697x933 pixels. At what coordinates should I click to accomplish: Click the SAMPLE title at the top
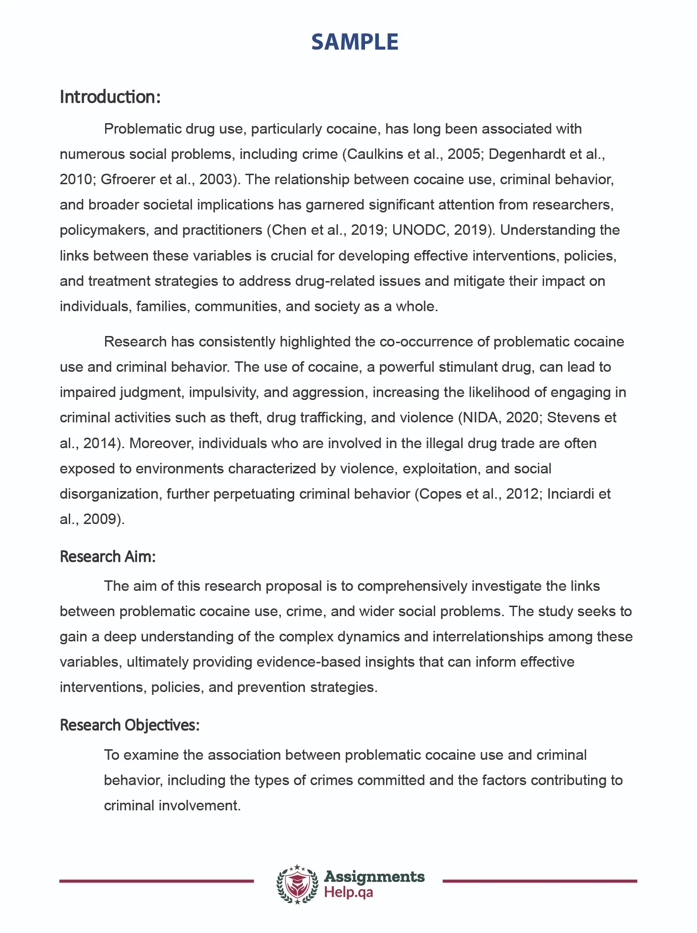pyautogui.click(x=354, y=42)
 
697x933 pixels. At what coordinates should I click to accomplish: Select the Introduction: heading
pyautogui.click(x=110, y=97)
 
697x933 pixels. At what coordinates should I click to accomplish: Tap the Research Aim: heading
pyautogui.click(x=107, y=556)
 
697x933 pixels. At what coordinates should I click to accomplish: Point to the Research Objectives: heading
pyautogui.click(x=129, y=725)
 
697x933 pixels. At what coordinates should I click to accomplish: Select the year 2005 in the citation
pyautogui.click(x=463, y=154)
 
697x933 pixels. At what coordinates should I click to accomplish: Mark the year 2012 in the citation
pyautogui.click(x=523, y=494)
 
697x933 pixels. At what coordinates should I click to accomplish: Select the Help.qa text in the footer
pyautogui.click(x=348, y=892)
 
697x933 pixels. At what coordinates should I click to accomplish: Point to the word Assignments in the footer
pyautogui.click(x=374, y=877)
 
